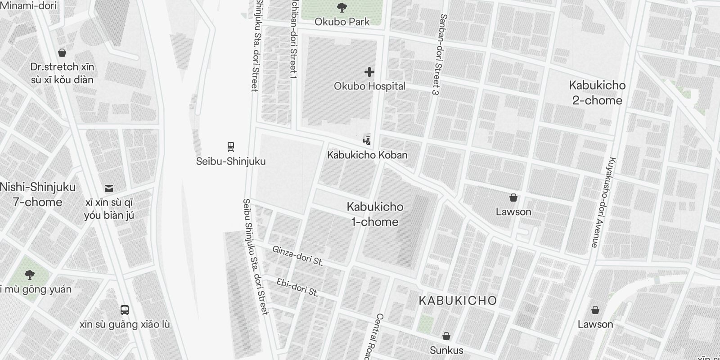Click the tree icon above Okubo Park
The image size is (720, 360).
[x=342, y=7]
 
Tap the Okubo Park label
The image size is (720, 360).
[x=342, y=22]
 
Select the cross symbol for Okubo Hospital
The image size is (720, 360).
[x=369, y=72]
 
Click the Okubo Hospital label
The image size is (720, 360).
[x=369, y=86]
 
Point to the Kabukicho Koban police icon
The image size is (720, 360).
[x=367, y=140]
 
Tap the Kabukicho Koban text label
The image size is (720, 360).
[x=367, y=155]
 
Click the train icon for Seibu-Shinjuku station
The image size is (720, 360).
[x=231, y=147]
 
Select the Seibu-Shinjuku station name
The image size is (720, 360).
[x=231, y=161]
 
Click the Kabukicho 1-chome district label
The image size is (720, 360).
[x=375, y=214]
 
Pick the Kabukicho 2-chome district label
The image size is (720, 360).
[x=597, y=93]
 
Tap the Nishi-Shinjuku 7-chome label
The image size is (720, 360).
[x=37, y=194]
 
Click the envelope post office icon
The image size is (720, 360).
[x=109, y=189]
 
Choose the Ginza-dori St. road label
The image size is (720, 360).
[x=297, y=256]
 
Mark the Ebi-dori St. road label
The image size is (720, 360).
[x=297, y=288]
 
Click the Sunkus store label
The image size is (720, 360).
[x=446, y=350]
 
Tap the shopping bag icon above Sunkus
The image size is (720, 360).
[x=446, y=336]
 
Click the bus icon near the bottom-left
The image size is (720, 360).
[x=125, y=310]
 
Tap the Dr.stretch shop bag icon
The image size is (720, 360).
[x=62, y=53]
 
